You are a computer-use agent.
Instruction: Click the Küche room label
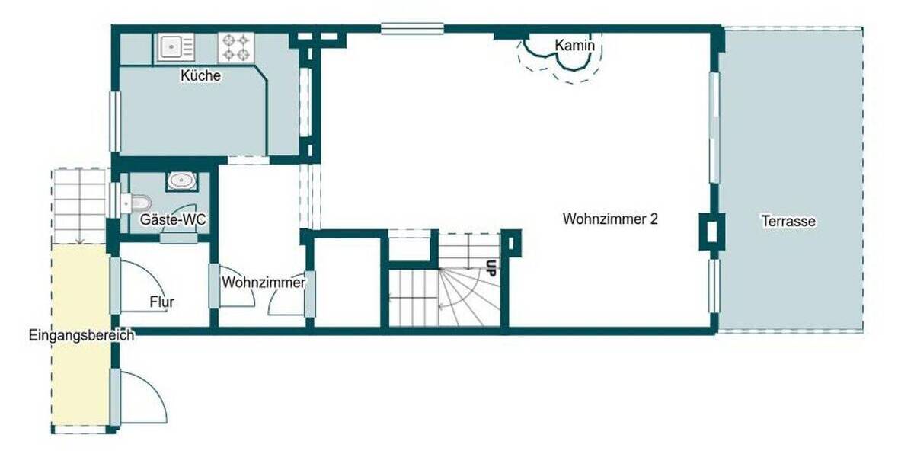click(x=200, y=76)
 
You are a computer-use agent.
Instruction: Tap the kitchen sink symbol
click(x=177, y=47)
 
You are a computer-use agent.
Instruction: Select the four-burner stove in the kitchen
click(x=235, y=47)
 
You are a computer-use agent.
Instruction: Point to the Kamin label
click(x=574, y=46)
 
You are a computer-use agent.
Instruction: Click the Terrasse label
click(x=788, y=222)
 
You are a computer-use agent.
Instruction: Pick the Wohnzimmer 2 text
click(x=610, y=219)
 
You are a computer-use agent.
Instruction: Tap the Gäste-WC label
click(x=173, y=219)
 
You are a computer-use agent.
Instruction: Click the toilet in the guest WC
click(x=137, y=203)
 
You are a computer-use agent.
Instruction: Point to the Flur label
click(x=161, y=302)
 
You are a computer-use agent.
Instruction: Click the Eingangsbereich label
click(x=81, y=334)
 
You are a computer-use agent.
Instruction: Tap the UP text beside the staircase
click(x=492, y=267)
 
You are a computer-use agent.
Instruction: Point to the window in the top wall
click(x=412, y=29)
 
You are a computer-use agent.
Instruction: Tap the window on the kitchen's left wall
click(x=114, y=121)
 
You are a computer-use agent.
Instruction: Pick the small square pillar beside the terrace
click(x=712, y=230)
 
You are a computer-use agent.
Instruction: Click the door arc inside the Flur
click(x=141, y=286)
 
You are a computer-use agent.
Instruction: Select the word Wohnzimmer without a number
click(x=263, y=283)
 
